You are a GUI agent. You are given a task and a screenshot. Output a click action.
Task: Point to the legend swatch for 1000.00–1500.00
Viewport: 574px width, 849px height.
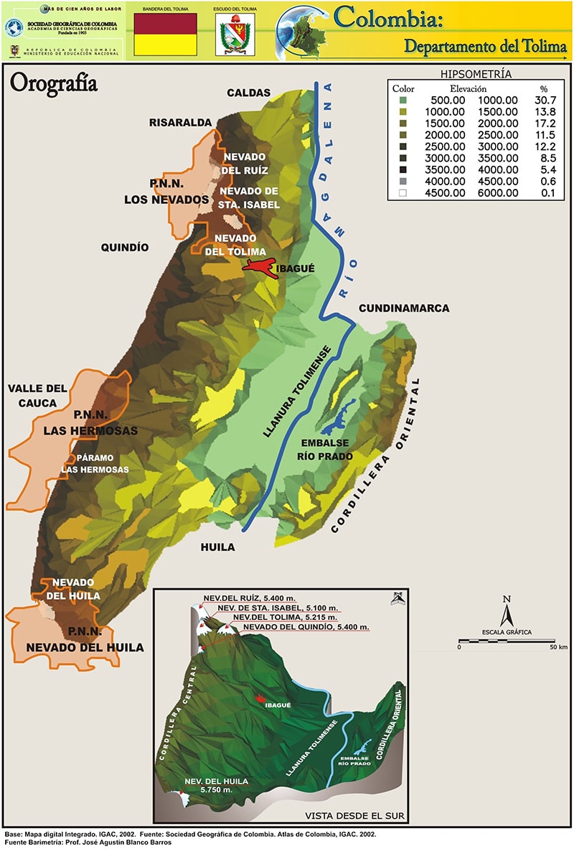(x=403, y=111)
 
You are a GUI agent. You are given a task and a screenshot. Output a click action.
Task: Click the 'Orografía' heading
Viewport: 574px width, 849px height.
(x=53, y=83)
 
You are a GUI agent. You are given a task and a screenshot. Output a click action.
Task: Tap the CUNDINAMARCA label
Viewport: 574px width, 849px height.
(x=403, y=308)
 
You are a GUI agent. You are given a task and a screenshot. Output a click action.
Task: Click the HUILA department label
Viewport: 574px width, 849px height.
(x=217, y=547)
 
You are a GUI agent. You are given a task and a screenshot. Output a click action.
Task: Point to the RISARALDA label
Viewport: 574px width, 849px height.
(x=181, y=123)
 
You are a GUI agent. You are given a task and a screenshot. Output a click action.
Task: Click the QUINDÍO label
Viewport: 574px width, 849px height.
(x=124, y=247)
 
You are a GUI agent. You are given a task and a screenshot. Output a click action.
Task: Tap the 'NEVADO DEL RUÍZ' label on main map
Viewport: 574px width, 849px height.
(x=245, y=163)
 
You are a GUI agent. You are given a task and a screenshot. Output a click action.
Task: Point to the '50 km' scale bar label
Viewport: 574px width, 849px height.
(x=559, y=647)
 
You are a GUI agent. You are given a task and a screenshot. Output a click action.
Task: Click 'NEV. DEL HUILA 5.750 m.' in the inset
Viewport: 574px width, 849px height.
(x=216, y=785)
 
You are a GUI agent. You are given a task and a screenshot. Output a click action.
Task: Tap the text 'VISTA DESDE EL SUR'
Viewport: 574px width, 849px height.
(x=354, y=816)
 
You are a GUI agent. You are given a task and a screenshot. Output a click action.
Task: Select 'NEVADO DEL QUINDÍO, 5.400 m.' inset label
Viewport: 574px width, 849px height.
(x=306, y=627)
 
